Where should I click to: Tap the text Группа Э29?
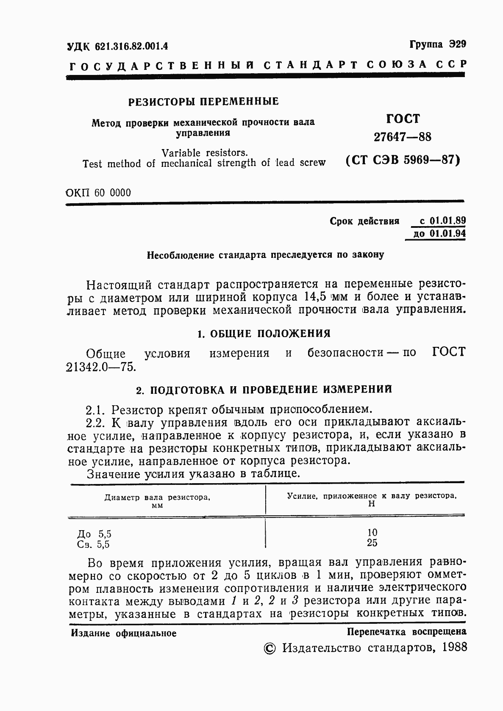(437, 44)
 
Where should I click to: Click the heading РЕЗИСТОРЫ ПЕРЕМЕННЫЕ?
(203, 102)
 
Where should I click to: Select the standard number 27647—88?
(402, 137)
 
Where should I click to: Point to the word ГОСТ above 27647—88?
(403, 119)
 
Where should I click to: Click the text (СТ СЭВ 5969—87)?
(403, 160)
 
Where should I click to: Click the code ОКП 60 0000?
(99, 193)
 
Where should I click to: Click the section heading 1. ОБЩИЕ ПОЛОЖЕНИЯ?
(264, 334)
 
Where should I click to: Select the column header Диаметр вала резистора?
(158, 498)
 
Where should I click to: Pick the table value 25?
(372, 543)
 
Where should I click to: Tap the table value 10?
(372, 533)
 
